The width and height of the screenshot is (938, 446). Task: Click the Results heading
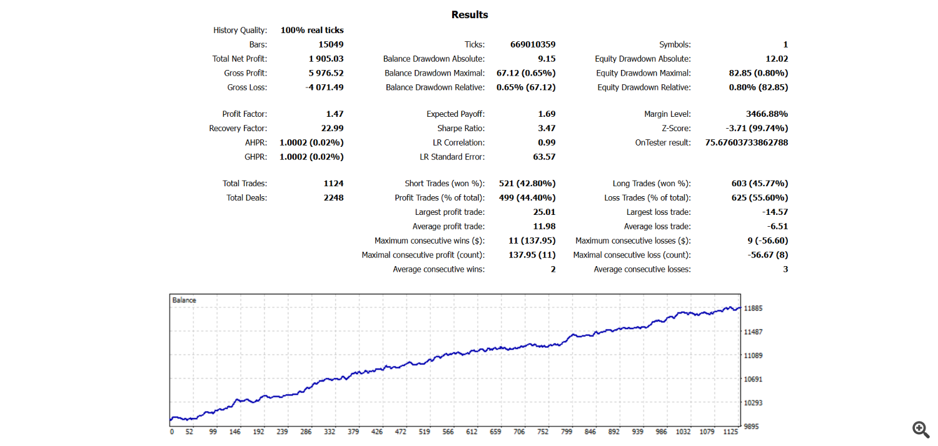click(x=470, y=14)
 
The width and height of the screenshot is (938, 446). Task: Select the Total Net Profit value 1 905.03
click(x=326, y=59)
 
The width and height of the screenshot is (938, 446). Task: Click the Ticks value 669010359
click(x=533, y=44)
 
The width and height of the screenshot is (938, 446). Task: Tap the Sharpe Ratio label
click(x=461, y=128)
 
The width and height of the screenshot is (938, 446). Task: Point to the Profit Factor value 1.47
click(x=335, y=114)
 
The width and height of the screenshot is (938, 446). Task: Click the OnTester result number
click(x=746, y=142)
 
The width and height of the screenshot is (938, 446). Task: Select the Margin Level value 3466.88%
click(x=767, y=114)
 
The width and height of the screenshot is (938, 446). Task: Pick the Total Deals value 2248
click(x=333, y=197)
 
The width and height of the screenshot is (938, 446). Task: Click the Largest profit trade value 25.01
click(x=544, y=212)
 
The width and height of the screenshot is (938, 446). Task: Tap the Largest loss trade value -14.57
click(x=775, y=212)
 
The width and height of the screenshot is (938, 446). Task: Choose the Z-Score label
click(x=676, y=128)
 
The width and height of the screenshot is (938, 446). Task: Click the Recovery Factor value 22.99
click(x=332, y=128)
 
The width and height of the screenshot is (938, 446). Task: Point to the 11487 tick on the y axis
click(x=753, y=332)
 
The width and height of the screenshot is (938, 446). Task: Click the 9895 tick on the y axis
click(x=751, y=427)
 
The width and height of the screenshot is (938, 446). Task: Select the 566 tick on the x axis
click(x=448, y=432)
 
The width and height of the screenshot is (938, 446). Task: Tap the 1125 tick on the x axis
click(x=730, y=432)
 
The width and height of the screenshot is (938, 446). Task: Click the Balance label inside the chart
click(x=184, y=300)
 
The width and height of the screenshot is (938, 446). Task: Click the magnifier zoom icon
click(x=920, y=429)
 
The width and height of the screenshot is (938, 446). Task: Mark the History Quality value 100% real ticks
click(x=312, y=30)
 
